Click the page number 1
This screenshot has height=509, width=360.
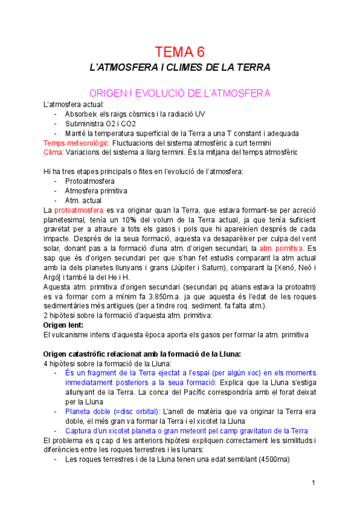(313, 483)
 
